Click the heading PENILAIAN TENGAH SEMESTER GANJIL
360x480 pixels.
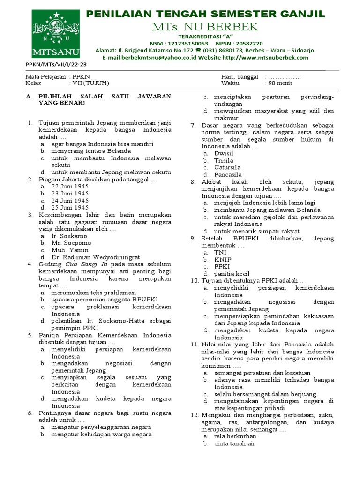click(x=205, y=14)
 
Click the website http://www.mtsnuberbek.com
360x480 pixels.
click(x=265, y=58)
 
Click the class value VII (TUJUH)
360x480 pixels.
click(x=90, y=83)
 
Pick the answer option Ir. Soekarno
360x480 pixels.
click(x=69, y=236)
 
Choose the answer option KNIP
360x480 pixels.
click(x=223, y=259)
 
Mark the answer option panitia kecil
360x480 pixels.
click(x=232, y=274)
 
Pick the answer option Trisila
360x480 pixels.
click(x=224, y=160)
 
